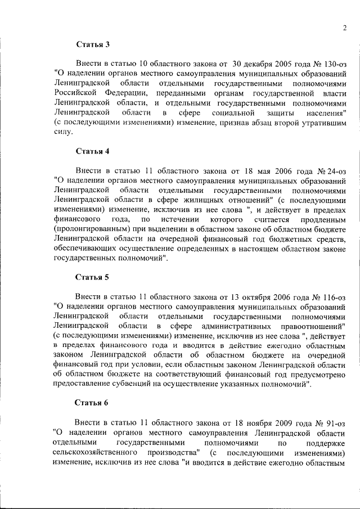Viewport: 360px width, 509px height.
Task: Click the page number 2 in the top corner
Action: [343, 29]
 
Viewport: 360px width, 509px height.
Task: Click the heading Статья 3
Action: [93, 44]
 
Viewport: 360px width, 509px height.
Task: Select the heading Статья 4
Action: [93, 151]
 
